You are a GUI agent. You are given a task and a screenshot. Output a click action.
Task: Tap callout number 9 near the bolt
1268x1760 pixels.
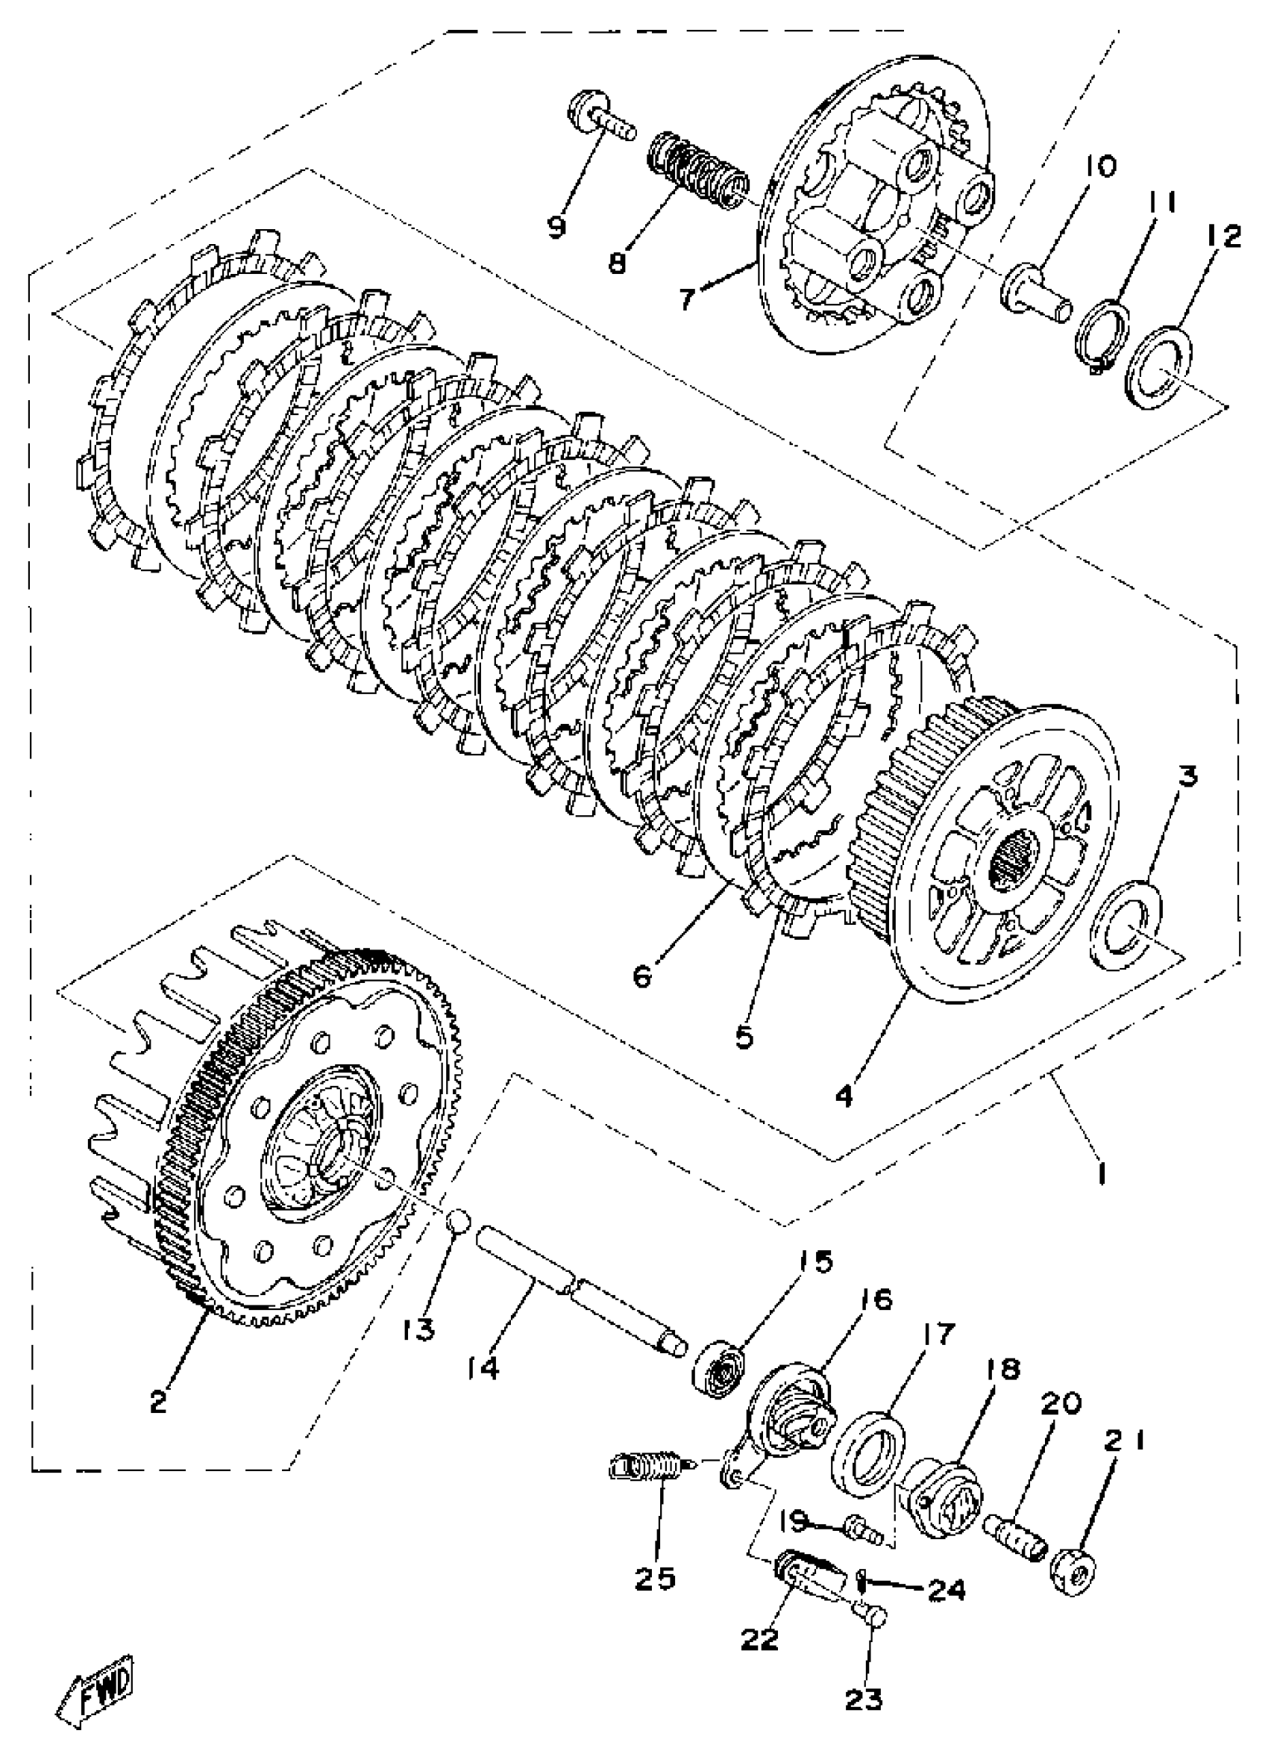557,226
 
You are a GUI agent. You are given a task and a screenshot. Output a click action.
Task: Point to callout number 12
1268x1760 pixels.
1223,236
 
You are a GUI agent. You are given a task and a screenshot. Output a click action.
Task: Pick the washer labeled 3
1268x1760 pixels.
1126,924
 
